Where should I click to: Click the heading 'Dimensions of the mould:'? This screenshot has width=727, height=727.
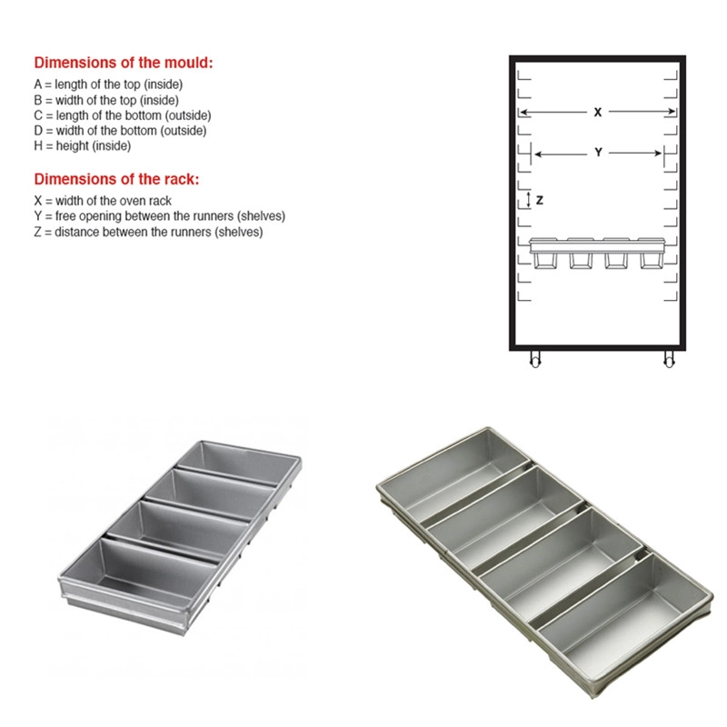124,63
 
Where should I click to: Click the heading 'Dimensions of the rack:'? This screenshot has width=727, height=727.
116,179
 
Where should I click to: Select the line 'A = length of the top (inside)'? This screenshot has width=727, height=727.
108,85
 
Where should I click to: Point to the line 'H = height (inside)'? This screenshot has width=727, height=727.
82,145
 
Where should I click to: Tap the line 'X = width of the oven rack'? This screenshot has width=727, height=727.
103,201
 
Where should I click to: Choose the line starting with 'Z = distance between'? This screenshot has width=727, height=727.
148,232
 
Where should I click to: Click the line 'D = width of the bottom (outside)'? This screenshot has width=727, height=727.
120,130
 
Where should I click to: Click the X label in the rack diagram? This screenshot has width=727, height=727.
598,112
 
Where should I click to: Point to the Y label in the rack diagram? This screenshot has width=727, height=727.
598,153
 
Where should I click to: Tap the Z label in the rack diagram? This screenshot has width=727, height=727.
540,200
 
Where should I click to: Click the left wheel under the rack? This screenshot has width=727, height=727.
535,360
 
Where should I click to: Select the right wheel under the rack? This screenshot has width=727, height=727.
669,360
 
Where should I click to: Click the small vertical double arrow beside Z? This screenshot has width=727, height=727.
529,200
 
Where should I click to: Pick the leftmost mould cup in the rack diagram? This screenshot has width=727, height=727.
545,260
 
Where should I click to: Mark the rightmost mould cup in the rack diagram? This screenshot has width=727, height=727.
652,260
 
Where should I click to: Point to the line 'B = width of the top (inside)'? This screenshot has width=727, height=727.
106,100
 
